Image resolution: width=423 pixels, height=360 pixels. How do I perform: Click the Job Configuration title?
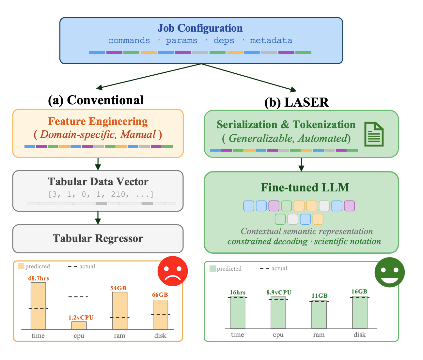[200, 28]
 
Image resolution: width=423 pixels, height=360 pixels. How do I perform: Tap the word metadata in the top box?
[271, 40]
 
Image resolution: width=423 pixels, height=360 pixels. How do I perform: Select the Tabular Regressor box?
[98, 238]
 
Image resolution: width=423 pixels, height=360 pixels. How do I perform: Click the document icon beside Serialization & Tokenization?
[374, 134]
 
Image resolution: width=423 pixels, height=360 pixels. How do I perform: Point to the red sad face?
[172, 271]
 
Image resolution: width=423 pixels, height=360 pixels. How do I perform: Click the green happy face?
[389, 272]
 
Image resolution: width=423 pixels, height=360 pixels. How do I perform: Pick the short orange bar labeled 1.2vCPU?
[79, 325]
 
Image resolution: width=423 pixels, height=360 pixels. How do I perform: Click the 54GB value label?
[118, 288]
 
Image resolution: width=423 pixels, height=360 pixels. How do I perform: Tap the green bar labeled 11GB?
[319, 315]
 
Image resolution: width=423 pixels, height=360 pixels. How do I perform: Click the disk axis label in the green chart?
[359, 335]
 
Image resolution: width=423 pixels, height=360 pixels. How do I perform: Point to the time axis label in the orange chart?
[38, 336]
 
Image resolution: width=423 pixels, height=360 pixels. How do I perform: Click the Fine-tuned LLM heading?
[305, 187]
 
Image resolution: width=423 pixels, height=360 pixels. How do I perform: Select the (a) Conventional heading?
[96, 100]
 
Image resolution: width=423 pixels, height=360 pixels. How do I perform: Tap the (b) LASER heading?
[296, 102]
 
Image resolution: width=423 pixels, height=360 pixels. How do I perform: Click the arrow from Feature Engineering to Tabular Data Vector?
[98, 164]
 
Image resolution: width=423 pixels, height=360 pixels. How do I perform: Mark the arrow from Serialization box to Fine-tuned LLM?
[301, 165]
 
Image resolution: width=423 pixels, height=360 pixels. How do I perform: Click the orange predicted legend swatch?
[21, 266]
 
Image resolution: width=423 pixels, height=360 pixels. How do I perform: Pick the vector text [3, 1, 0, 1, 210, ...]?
[101, 194]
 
